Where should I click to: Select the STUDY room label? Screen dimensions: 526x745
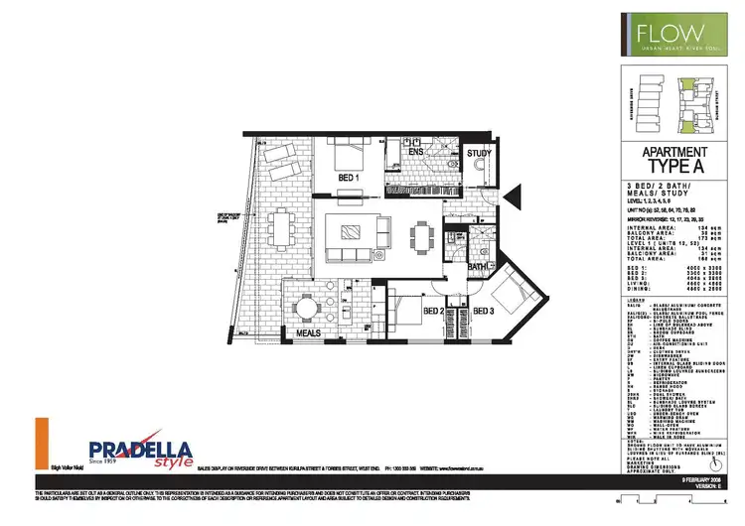(x=479, y=154)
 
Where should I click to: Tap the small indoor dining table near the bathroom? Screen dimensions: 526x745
(x=424, y=236)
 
